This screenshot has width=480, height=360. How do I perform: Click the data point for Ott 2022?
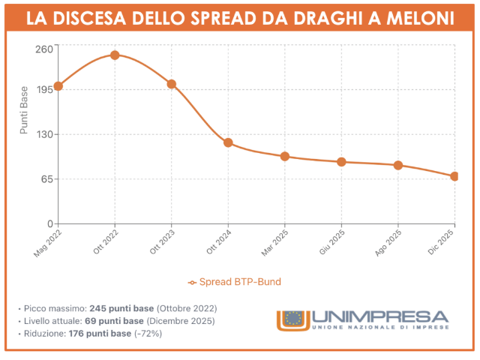point(115,55)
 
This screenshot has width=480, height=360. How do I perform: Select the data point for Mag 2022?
point(58,86)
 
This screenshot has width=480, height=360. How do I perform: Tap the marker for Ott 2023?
point(171,84)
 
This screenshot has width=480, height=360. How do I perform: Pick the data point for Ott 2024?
point(228,142)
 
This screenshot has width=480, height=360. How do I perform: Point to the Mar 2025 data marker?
point(285,156)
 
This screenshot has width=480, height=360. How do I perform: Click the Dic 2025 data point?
point(454,176)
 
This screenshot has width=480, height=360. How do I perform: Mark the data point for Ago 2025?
point(398,165)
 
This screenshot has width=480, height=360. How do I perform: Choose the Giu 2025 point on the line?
point(341,162)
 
